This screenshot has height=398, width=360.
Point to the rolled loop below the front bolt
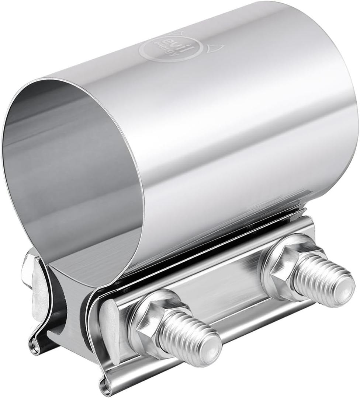[x=105, y=385]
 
